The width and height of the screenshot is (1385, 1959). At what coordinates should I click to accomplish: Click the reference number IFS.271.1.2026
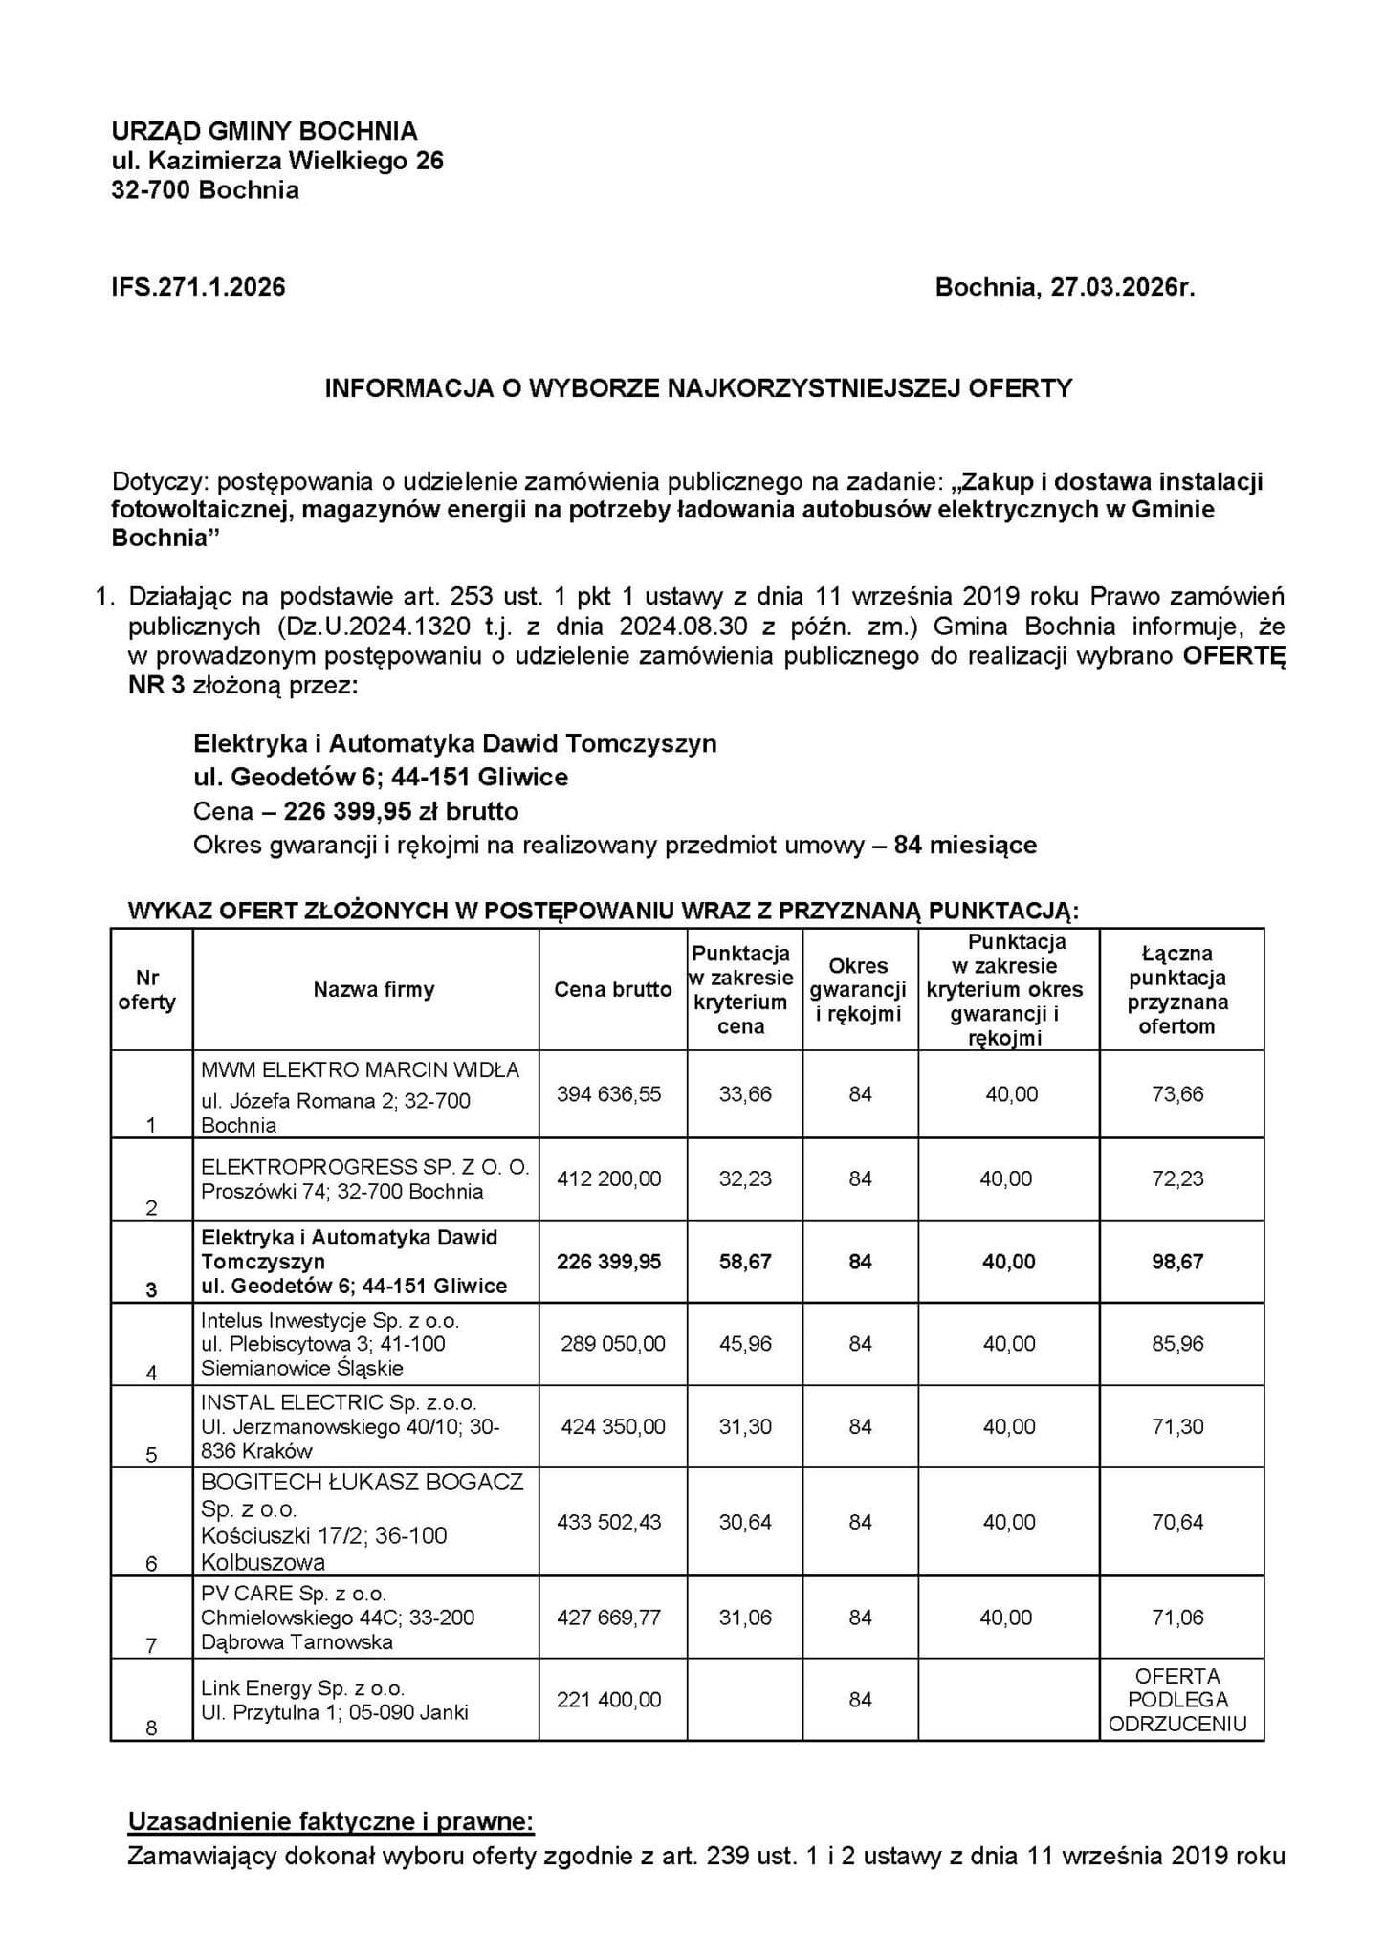click(x=198, y=287)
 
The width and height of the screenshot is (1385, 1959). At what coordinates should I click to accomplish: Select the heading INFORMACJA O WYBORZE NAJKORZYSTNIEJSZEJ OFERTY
click(x=698, y=388)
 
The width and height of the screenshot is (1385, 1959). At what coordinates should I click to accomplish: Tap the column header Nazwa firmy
click(x=373, y=990)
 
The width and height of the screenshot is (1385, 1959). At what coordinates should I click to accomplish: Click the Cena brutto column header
click(x=612, y=990)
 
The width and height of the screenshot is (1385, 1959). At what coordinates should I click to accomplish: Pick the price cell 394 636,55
click(x=608, y=1094)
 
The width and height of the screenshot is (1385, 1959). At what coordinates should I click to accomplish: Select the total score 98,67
click(x=1177, y=1262)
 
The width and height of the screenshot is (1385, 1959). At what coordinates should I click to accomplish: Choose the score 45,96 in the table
click(x=745, y=1344)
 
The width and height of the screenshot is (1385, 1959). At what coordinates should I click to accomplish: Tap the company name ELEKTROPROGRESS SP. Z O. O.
click(x=364, y=1167)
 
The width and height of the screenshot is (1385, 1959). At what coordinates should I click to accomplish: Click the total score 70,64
click(x=1177, y=1522)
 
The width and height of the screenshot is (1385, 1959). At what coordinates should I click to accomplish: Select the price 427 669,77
click(x=608, y=1618)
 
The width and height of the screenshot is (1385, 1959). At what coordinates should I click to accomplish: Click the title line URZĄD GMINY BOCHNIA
click(x=264, y=131)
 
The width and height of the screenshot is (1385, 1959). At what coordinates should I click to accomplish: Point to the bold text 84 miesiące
click(x=964, y=846)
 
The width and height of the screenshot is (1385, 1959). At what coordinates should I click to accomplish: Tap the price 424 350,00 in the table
click(x=612, y=1427)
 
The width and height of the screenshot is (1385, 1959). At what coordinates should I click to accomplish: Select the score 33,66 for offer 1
click(x=745, y=1094)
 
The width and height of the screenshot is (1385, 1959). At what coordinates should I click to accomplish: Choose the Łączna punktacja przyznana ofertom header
click(x=1177, y=990)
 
